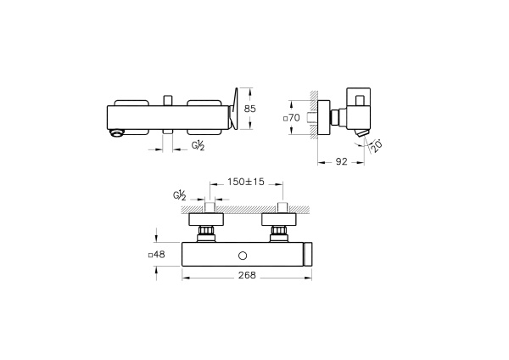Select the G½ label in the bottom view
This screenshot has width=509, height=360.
pos(181,196)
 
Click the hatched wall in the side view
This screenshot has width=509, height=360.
pos(315,115)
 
